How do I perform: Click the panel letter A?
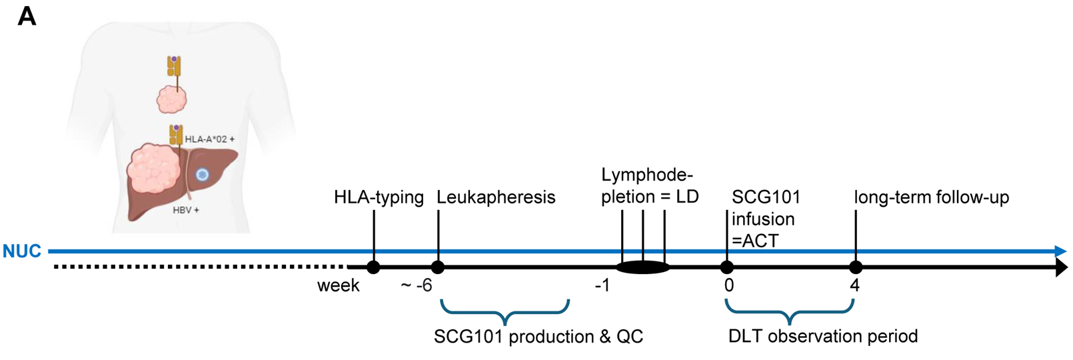click(x=27, y=16)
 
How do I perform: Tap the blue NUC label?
click(x=22, y=251)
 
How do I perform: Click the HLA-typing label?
click(x=379, y=197)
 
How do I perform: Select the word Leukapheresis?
click(x=496, y=197)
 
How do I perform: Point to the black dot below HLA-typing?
click(x=373, y=267)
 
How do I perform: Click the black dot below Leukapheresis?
click(x=438, y=267)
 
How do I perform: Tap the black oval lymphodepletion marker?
click(x=642, y=267)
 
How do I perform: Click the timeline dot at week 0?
click(x=727, y=267)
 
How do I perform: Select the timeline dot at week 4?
click(x=856, y=267)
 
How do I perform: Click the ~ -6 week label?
click(x=417, y=286)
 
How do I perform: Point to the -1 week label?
click(x=602, y=286)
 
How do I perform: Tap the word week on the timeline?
click(x=339, y=286)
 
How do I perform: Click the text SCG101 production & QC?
click(x=538, y=337)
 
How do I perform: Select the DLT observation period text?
click(x=823, y=336)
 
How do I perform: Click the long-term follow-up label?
click(x=932, y=197)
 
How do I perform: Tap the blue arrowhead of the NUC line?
click(x=1061, y=251)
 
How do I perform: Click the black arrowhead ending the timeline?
click(x=1061, y=267)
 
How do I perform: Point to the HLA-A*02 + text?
click(x=210, y=139)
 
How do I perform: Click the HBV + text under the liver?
click(x=186, y=210)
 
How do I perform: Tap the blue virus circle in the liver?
click(x=202, y=175)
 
